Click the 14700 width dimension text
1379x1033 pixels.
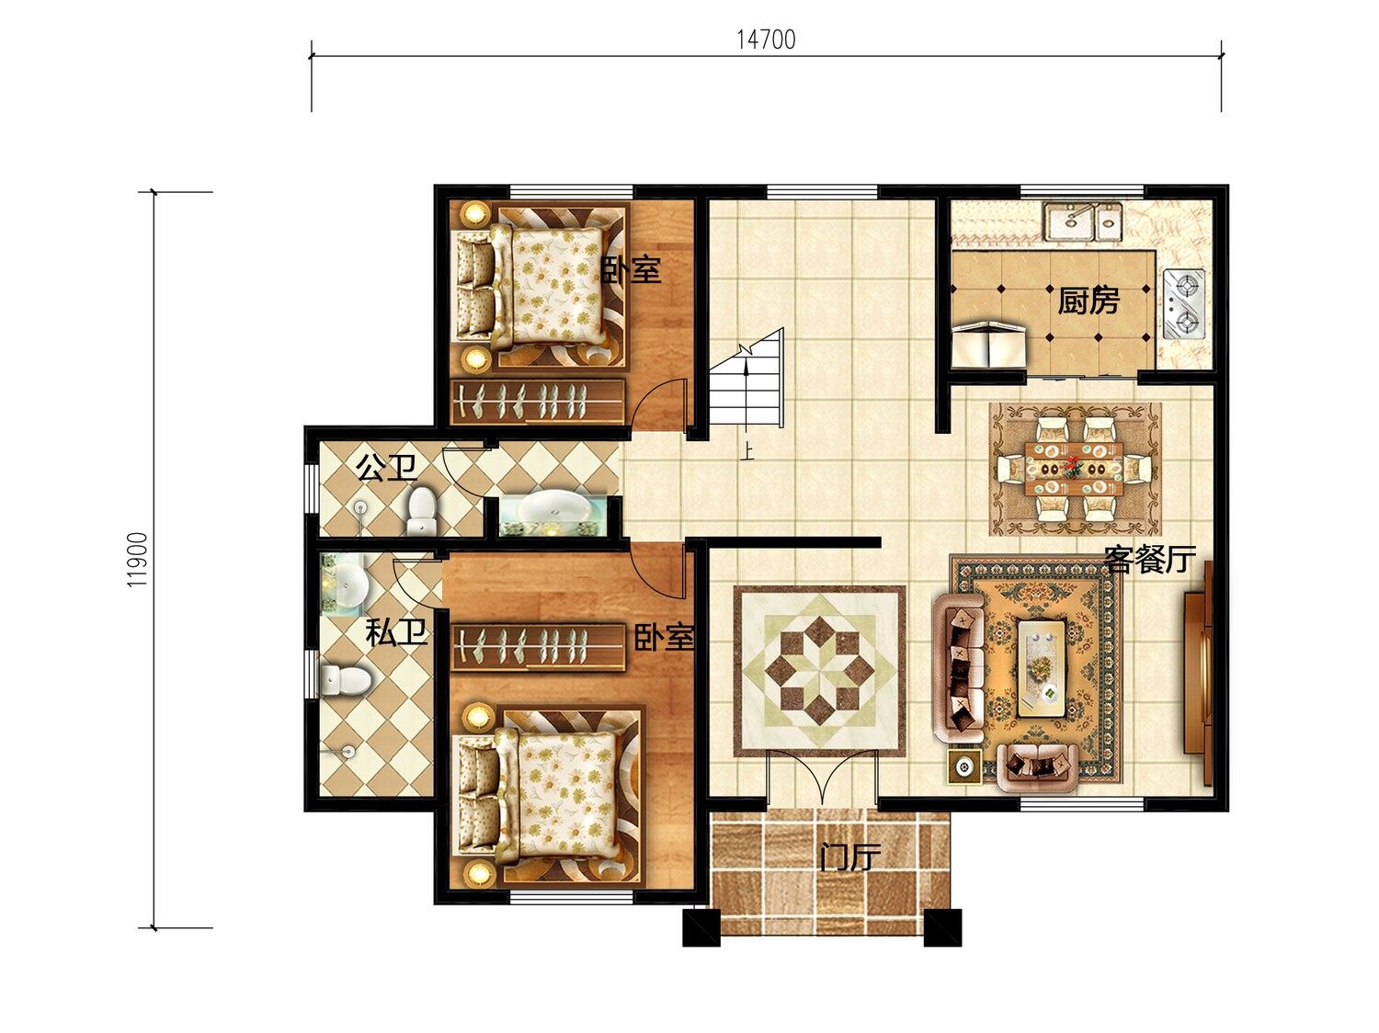point(766,40)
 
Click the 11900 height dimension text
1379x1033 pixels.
point(137,560)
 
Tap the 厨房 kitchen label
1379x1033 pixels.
point(1088,301)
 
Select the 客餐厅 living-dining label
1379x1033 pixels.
point(1150,558)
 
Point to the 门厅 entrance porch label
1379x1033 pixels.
point(850,857)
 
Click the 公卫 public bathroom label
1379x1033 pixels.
point(386,467)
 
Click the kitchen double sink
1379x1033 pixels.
point(1083,221)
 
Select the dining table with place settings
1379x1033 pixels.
point(1075,469)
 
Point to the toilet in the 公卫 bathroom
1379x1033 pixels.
point(422,511)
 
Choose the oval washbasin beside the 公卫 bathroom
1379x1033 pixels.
point(554,508)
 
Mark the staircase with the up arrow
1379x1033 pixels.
point(746,379)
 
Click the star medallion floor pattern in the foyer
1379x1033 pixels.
point(819,670)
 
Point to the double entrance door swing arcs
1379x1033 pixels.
point(821,777)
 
